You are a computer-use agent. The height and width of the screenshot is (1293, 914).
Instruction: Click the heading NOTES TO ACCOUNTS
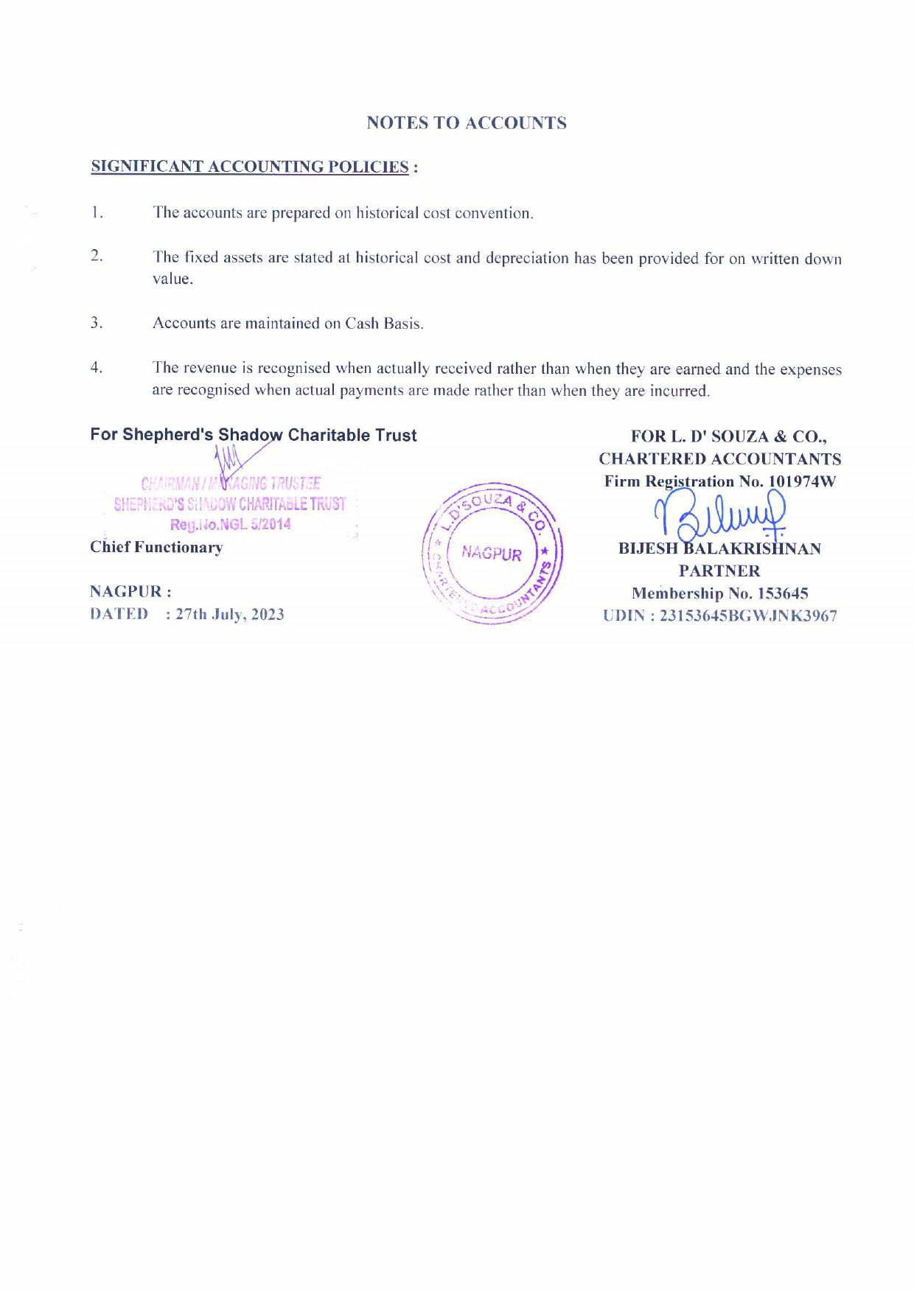click(x=467, y=123)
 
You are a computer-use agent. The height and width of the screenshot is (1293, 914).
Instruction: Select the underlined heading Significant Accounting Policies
click(x=250, y=167)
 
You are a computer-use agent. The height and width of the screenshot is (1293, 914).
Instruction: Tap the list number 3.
click(x=96, y=322)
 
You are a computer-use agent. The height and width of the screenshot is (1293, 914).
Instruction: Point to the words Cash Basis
click(x=384, y=324)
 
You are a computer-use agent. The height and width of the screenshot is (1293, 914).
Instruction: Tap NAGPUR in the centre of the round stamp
click(x=492, y=554)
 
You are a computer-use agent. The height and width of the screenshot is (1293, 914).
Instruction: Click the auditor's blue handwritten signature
click(x=720, y=515)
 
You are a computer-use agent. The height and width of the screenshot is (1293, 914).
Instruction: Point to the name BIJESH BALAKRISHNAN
click(x=719, y=548)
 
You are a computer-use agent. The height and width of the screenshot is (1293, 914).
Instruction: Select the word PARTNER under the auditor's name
click(x=719, y=571)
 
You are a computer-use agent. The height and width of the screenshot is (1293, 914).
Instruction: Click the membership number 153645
click(x=783, y=593)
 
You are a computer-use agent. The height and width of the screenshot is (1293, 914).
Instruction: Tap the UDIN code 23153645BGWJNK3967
click(x=748, y=616)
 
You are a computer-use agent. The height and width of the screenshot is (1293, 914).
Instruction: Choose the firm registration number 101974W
click(x=802, y=481)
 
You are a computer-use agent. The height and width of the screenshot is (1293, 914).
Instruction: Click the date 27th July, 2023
click(x=230, y=614)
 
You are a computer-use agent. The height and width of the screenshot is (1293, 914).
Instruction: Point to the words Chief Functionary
click(x=156, y=547)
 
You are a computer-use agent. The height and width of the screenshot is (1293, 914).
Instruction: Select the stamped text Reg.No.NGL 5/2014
click(x=231, y=524)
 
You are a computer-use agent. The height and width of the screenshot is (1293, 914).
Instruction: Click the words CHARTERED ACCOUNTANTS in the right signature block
click(x=719, y=459)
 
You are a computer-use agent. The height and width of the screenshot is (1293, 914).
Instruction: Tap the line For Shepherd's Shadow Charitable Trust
click(x=254, y=435)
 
